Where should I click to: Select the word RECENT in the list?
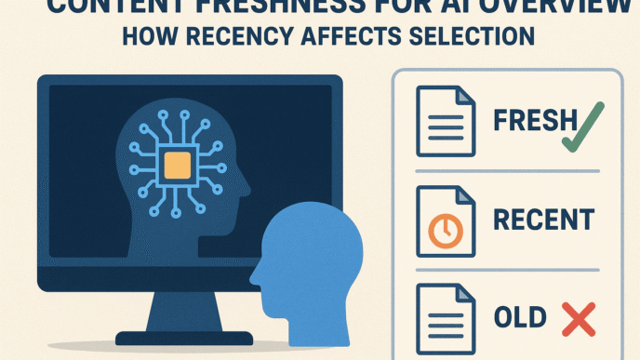coord(541,220)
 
